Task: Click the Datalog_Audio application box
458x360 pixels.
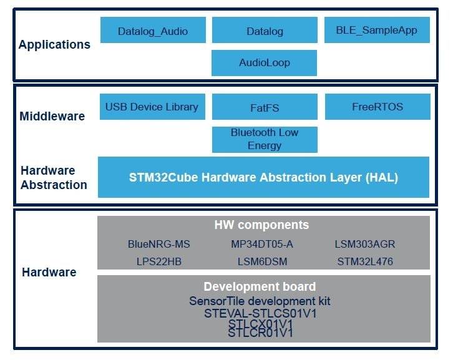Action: click(152, 30)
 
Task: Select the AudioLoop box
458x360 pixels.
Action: click(264, 62)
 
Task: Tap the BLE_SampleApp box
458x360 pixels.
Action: click(376, 29)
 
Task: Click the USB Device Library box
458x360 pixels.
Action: click(152, 106)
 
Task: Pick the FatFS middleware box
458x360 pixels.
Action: click(264, 107)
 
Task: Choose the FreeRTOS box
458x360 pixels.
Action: click(378, 106)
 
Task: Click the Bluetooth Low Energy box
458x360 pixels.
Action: click(264, 139)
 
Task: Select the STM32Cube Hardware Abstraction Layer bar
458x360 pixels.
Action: click(263, 177)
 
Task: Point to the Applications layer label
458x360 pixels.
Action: click(54, 44)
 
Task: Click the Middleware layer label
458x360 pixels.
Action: click(52, 116)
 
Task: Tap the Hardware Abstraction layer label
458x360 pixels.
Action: click(54, 177)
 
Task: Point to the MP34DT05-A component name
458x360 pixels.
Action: click(262, 244)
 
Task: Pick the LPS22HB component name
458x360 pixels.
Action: click(158, 261)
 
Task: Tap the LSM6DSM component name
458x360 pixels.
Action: click(262, 261)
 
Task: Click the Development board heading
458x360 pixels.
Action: click(260, 287)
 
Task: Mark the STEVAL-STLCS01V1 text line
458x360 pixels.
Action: click(260, 313)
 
